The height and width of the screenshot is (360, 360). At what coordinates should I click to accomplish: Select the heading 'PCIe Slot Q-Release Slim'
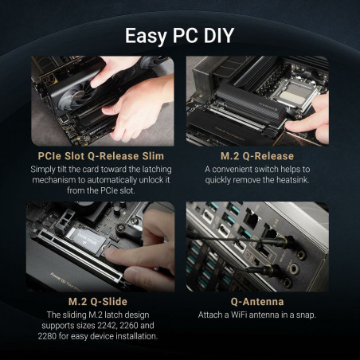click(x=100, y=156)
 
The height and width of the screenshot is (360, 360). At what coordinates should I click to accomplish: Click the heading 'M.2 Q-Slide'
click(x=100, y=303)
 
